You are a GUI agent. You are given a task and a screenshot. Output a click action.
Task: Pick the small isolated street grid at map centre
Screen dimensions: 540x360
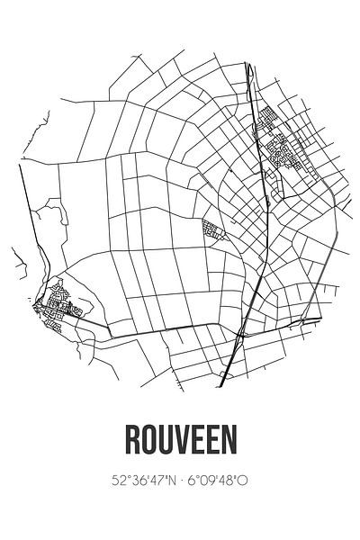[x=212, y=230]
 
